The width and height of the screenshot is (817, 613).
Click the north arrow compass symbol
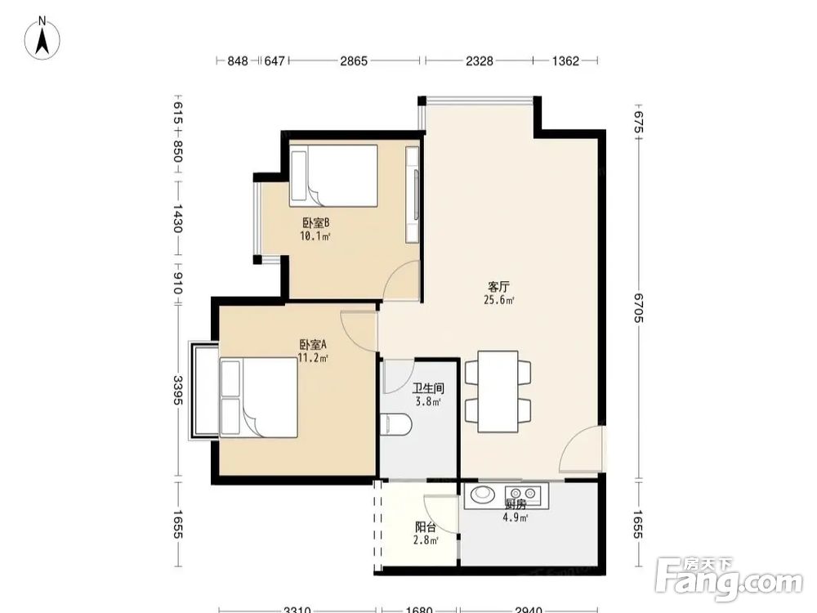[x=42, y=38]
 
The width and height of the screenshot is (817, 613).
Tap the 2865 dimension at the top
[x=354, y=61]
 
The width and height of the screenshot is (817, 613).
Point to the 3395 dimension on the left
[x=178, y=390]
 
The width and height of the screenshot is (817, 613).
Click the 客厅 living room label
[x=498, y=287]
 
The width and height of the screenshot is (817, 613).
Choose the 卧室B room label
[x=315, y=223]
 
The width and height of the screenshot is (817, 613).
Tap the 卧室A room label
[x=313, y=345]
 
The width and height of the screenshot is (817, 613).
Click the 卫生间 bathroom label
[x=428, y=388]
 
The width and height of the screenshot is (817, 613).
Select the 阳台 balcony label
[x=426, y=527]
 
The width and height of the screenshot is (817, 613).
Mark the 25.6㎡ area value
[x=499, y=300]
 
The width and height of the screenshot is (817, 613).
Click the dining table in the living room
[x=498, y=392]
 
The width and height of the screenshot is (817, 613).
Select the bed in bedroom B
[x=334, y=176]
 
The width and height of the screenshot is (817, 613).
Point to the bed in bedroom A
[x=258, y=397]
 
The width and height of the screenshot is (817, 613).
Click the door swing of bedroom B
[x=401, y=280]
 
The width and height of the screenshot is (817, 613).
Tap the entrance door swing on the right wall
[x=581, y=450]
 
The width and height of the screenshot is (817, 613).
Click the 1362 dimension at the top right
[x=565, y=61]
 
